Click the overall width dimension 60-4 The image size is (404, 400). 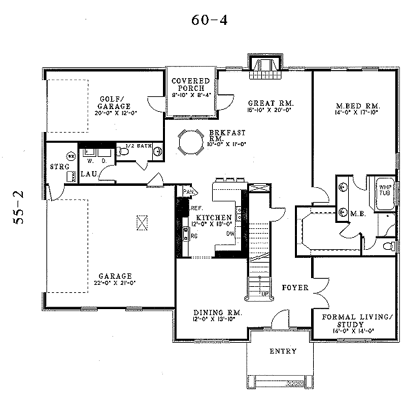point(209,20)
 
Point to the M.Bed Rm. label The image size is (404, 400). point(358,106)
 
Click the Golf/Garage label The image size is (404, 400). point(112,101)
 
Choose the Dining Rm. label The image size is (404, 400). point(217,312)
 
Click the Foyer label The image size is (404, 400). point(295,288)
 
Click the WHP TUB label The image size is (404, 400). point(384,190)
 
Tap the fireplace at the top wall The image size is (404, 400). point(263,64)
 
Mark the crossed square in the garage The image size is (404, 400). point(141,222)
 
